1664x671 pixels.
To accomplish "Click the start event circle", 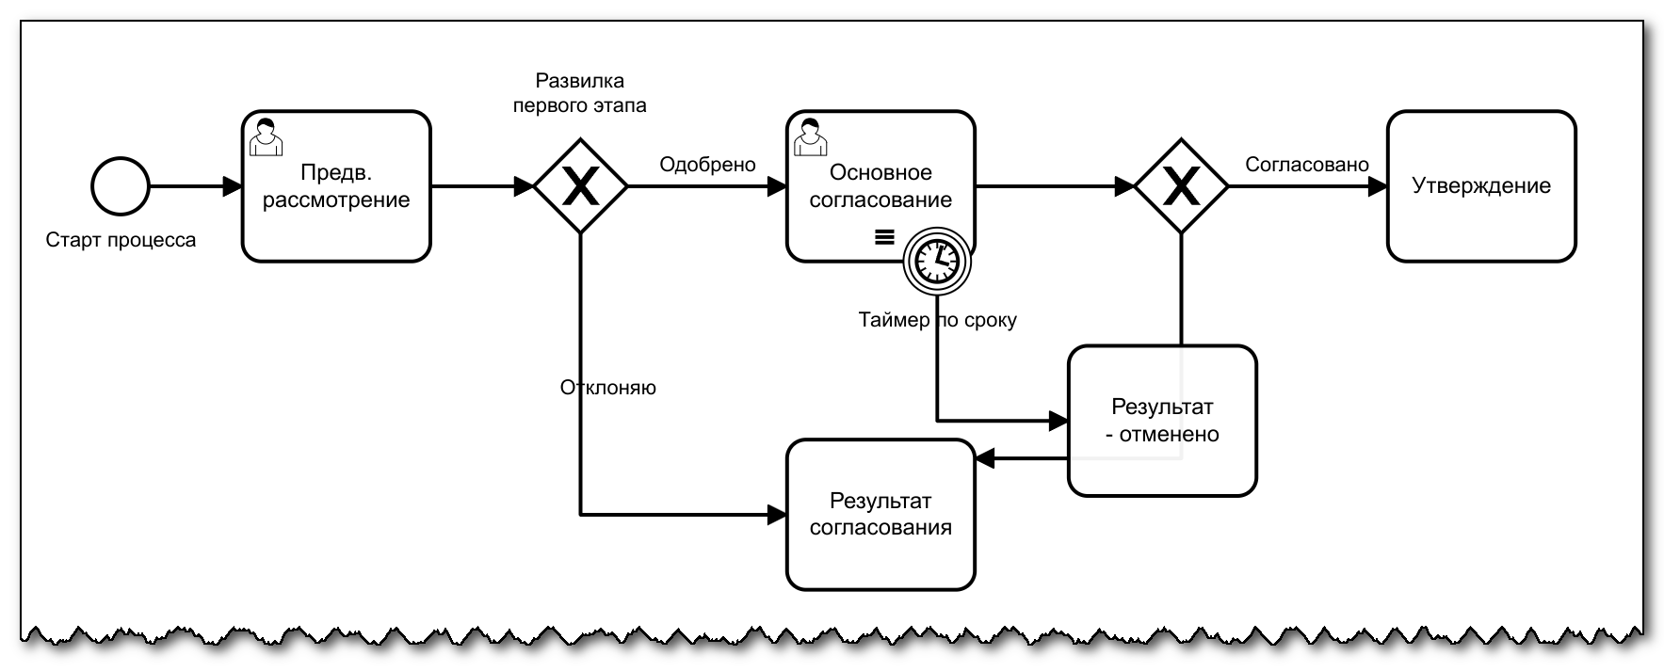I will pos(121,186).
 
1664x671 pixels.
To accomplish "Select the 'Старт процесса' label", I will pos(121,240).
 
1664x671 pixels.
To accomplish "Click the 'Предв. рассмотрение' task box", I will pos(336,186).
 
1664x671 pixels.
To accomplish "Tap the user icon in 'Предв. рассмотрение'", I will pos(266,136).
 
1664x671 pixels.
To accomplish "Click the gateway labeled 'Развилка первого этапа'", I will pos(580,186).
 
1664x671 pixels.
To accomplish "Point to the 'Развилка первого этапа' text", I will pos(579,93).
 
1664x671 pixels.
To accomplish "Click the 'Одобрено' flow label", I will pos(707,165).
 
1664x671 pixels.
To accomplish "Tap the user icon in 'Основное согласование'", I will pos(810,136).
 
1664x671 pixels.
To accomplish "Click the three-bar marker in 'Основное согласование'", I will pos(884,237).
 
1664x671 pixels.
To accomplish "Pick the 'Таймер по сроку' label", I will pos(937,320).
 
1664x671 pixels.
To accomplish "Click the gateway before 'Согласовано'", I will pos(1180,186).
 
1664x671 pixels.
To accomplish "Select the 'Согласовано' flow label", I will pos(1306,165).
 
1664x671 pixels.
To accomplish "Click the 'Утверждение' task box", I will pos(1480,186).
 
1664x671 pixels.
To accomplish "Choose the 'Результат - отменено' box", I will pos(1162,421).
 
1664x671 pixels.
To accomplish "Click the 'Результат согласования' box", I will pos(880,514).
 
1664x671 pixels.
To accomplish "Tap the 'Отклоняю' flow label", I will pos(607,388).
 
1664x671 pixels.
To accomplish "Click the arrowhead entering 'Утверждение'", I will pos(1377,186).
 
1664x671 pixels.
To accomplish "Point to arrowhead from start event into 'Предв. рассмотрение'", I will pos(232,186).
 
